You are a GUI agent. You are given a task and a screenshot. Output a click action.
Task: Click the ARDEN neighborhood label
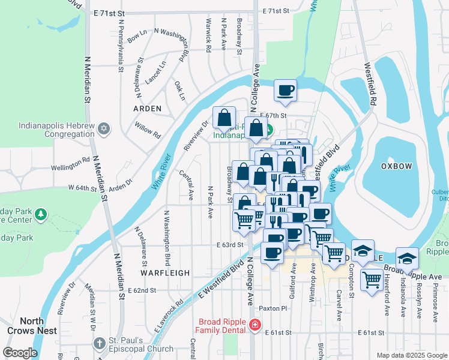[x=147, y=109]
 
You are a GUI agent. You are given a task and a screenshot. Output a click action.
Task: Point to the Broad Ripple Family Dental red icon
[x=255, y=326]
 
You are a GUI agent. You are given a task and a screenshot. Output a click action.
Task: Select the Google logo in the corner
[x=19, y=353]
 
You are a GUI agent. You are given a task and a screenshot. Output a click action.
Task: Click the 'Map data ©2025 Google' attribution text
[x=411, y=355]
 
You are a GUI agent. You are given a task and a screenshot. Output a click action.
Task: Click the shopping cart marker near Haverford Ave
[x=372, y=278]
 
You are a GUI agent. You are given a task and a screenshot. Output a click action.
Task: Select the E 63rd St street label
[x=230, y=245]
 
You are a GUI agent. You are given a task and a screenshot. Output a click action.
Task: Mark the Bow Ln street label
[x=137, y=37]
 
